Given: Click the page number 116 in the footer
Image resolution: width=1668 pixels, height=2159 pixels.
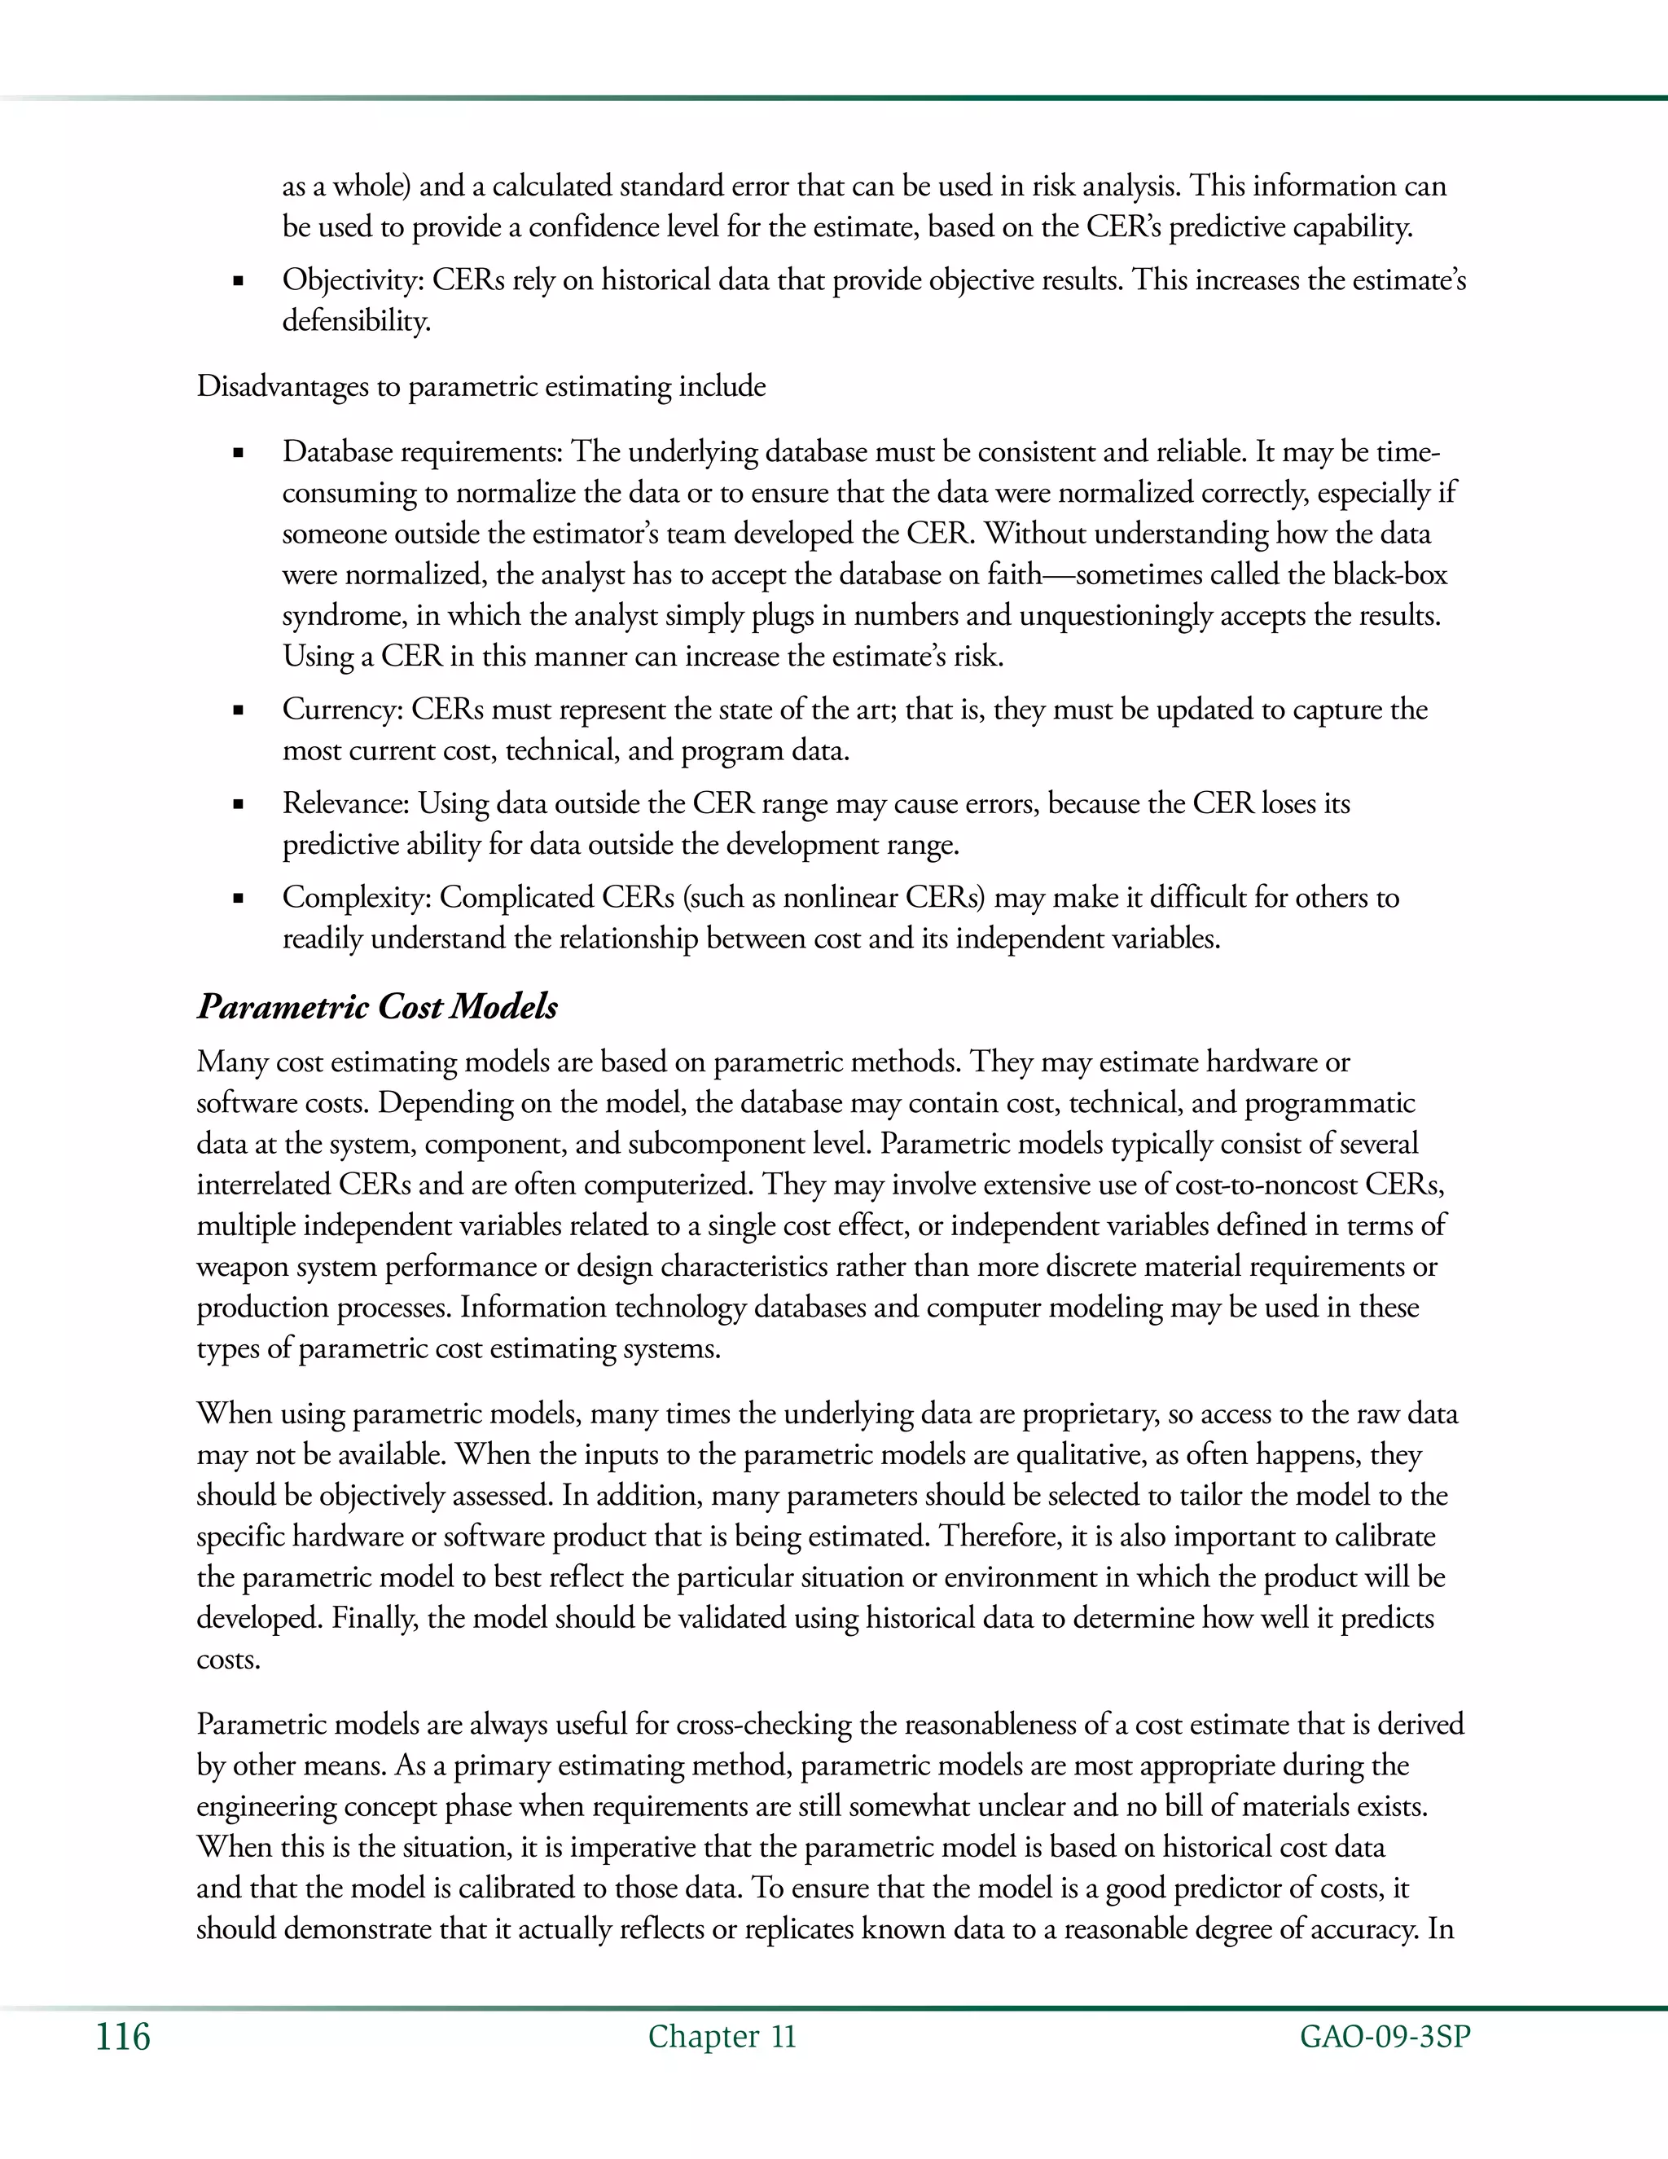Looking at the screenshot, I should (122, 2038).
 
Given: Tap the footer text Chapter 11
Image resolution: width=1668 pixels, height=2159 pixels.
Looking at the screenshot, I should (722, 2038).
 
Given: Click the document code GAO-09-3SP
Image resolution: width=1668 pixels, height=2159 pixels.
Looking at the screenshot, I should (1385, 2038).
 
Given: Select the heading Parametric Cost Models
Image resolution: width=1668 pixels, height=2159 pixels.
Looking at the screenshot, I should (376, 1006).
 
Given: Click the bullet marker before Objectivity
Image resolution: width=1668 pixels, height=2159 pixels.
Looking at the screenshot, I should (238, 282).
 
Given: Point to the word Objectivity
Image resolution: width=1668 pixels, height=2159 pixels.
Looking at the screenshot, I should (353, 281).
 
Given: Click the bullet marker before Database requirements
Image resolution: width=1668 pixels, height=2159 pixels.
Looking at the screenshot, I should (238, 454).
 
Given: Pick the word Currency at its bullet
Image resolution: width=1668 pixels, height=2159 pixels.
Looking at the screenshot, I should (342, 710).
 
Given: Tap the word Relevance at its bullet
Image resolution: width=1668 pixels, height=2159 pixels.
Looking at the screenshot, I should (346, 803).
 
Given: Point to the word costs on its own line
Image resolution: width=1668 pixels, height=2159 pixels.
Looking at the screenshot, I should (228, 1660).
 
